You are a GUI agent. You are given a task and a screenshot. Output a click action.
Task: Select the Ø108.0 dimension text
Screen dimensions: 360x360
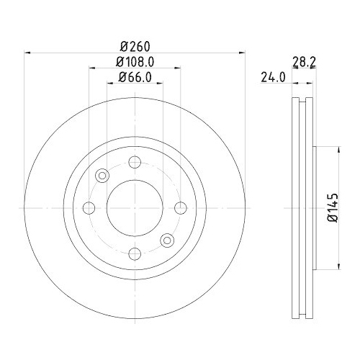135,62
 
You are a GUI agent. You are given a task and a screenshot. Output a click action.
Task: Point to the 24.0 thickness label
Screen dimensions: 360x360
270,76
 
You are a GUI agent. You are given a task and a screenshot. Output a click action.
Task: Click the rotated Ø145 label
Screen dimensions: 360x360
332,208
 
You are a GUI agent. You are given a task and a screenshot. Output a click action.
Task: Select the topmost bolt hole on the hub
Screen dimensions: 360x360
134,163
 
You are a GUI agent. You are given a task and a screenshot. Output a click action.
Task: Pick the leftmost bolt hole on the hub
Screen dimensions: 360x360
89,208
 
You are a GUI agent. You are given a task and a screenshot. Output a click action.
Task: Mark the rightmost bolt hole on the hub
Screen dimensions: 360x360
179,208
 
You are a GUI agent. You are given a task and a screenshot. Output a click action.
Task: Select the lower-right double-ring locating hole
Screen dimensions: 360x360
167,240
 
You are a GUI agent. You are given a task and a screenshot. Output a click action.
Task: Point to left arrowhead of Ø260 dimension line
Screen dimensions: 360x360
28,52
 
